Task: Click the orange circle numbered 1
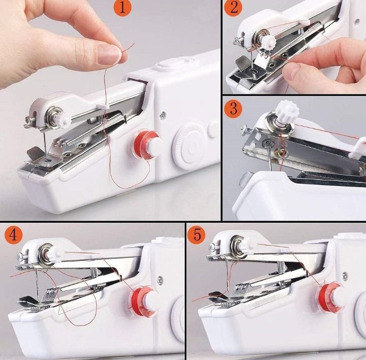(123, 8)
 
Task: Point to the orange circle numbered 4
(13, 234)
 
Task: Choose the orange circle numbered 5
(197, 234)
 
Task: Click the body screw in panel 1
(163, 115)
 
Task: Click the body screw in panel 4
(160, 279)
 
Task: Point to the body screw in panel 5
(345, 276)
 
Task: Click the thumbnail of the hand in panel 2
(292, 71)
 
